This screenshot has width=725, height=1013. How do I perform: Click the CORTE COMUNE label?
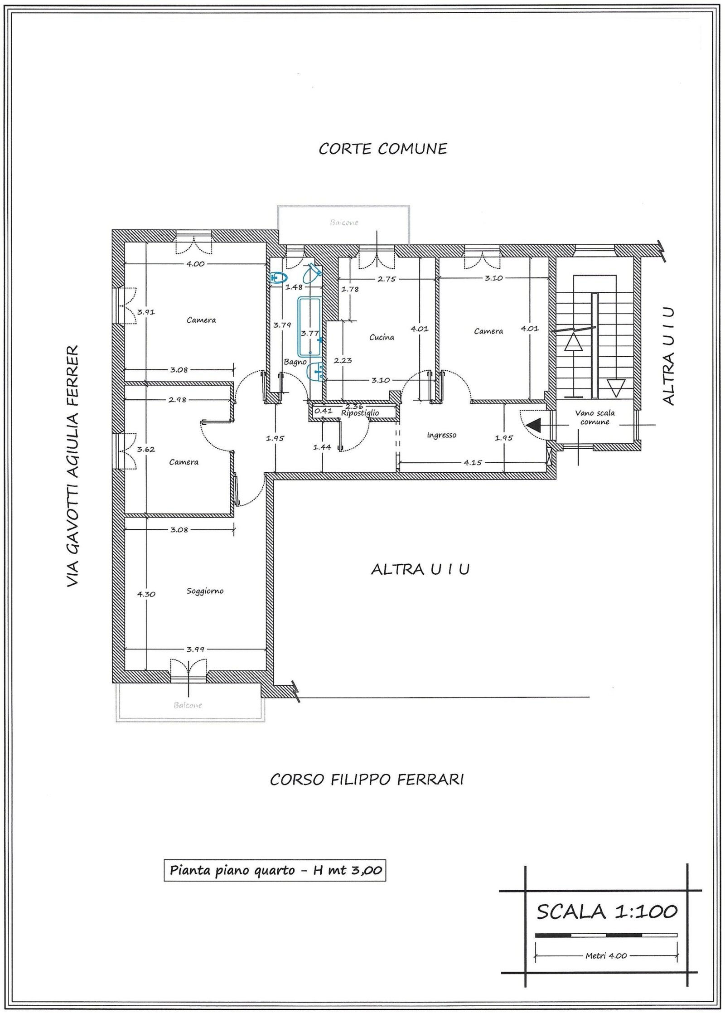click(x=383, y=149)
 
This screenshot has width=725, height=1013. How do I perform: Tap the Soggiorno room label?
click(x=205, y=591)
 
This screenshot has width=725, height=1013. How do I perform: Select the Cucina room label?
click(x=382, y=337)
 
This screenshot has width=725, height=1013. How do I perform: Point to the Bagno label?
click(x=295, y=362)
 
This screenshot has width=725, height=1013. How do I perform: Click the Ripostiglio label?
click(x=360, y=413)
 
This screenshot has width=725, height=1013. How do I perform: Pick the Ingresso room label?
click(x=441, y=435)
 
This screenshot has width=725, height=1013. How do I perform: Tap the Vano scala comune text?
click(x=595, y=417)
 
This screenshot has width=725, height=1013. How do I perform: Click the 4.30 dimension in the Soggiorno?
click(x=146, y=594)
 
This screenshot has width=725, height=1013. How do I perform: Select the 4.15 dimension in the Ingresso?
click(x=472, y=463)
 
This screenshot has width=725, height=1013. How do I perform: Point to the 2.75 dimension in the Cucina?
click(x=387, y=279)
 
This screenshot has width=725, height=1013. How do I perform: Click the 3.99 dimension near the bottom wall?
click(x=195, y=649)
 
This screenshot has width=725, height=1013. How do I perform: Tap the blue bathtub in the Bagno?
click(x=309, y=326)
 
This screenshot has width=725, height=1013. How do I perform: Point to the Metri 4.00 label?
click(x=606, y=939)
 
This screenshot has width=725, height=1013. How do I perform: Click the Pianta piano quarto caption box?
click(x=275, y=857)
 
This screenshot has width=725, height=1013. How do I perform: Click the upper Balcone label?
click(x=344, y=223)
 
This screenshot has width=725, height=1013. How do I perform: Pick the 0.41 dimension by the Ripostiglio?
click(x=323, y=411)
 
